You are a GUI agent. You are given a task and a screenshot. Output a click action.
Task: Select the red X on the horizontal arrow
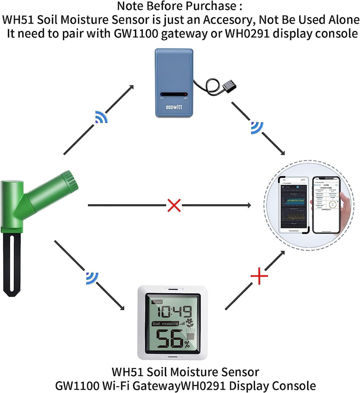173,205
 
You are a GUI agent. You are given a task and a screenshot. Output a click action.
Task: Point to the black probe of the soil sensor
13,265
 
